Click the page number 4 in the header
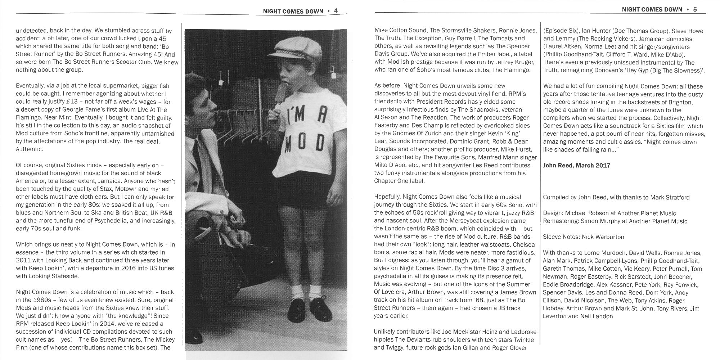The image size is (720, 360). tap(336, 11)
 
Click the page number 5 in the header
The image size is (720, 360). tap(695, 10)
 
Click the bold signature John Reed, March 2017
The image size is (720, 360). tap(576, 166)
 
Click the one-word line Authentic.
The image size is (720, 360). tap(30, 149)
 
